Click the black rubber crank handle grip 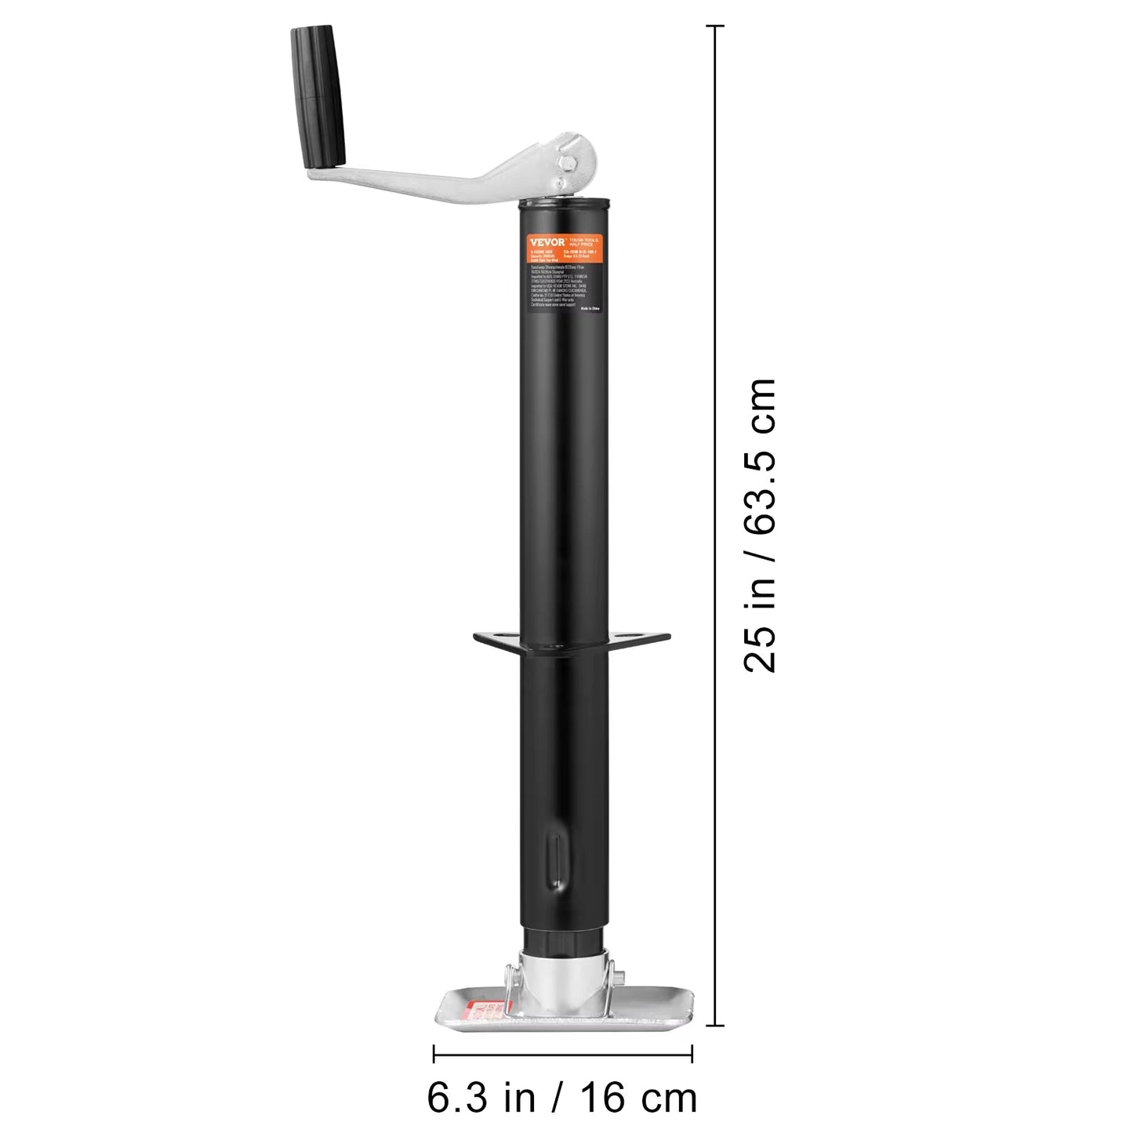pyautogui.click(x=318, y=96)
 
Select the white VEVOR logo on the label pyautogui.click(x=547, y=242)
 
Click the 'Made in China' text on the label pyautogui.click(x=590, y=309)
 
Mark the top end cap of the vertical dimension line pyautogui.click(x=714, y=26)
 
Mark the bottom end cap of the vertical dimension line pyautogui.click(x=714, y=1025)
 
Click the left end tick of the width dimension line pyautogui.click(x=434, y=1055)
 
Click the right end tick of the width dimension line pyautogui.click(x=692, y=1055)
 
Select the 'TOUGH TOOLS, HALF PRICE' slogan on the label pyautogui.click(x=583, y=241)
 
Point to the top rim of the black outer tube pyautogui.click(x=564, y=202)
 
